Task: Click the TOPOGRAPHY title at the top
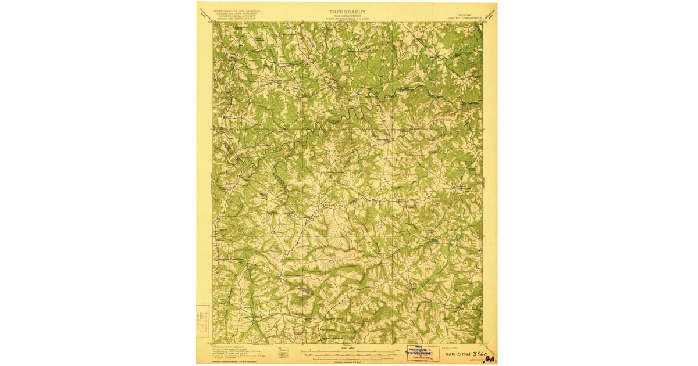tap(348, 11)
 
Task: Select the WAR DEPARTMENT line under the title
tap(348, 16)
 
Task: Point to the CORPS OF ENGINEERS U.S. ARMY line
tap(348, 19)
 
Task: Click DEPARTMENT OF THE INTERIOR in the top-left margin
tap(236, 10)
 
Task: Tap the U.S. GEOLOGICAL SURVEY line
tap(236, 17)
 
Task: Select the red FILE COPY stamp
tap(203, 321)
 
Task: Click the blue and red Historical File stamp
tap(423, 352)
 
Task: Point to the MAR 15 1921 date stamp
tap(457, 353)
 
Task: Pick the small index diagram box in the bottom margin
tap(283, 352)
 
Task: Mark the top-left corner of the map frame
tap(213, 23)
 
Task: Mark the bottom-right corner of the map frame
tap(482, 343)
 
